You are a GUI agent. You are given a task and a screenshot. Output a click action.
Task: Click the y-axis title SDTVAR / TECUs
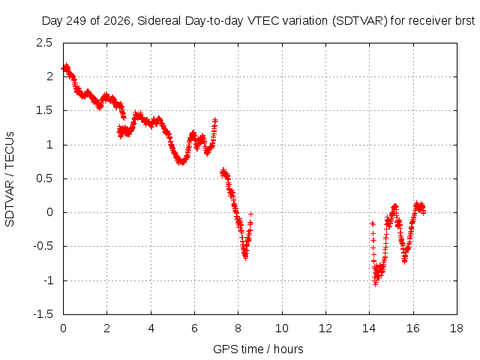[10, 179]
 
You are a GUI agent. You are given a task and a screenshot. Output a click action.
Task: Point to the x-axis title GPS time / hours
[258, 349]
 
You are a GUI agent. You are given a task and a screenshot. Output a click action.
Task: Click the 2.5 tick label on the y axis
[45, 43]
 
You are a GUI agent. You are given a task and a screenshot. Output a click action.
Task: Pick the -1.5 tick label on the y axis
[43, 314]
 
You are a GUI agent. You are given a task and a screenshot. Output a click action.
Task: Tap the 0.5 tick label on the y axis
[45, 178]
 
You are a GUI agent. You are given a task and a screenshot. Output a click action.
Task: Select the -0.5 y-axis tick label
[43, 247]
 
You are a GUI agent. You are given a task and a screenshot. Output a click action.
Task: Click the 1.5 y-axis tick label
[45, 110]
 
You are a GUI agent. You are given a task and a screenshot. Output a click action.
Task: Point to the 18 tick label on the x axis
[457, 328]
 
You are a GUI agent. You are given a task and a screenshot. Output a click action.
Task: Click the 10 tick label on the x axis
[282, 328]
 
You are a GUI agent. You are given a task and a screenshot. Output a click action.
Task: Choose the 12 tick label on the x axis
[325, 328]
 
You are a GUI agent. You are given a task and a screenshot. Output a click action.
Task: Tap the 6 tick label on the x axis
[194, 328]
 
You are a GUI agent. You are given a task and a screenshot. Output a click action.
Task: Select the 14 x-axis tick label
[369, 328]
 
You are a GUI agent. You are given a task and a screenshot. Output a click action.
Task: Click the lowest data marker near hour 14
[375, 283]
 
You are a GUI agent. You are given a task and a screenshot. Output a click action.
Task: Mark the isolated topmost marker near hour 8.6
[251, 214]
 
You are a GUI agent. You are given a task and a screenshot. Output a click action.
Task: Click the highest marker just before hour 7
[215, 120]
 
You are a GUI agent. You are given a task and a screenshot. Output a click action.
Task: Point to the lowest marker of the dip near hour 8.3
[245, 257]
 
